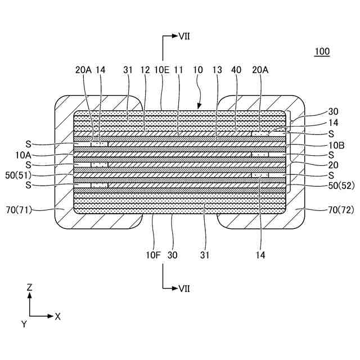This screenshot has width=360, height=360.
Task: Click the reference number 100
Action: [322, 52]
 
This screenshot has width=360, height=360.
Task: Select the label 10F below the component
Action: [154, 254]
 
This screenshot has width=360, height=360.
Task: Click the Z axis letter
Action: [29, 287]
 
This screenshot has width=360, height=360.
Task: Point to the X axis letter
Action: [57, 316]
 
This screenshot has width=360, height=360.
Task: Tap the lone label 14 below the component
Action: [259, 254]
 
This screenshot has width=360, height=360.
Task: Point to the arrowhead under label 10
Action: [199, 106]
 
